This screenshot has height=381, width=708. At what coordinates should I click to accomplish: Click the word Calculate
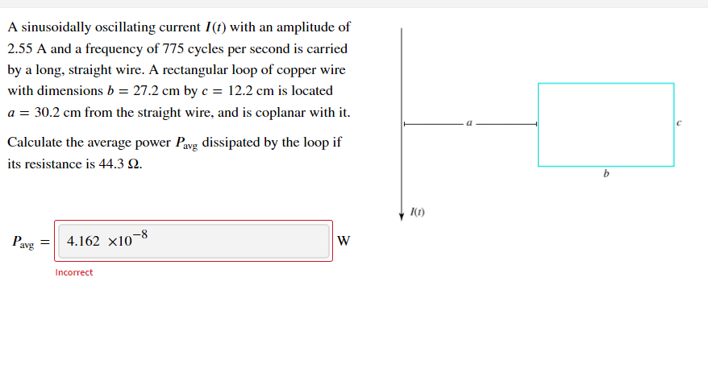click(x=34, y=143)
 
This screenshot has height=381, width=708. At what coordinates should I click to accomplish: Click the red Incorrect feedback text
click(x=74, y=272)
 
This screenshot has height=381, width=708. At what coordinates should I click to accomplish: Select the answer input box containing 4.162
click(x=194, y=241)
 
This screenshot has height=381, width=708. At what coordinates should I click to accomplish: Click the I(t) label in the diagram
click(x=417, y=213)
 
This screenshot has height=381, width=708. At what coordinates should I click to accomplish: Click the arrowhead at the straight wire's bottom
click(x=402, y=215)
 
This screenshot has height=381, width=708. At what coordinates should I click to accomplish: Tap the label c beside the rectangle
click(x=680, y=124)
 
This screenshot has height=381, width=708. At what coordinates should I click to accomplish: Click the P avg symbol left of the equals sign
click(x=23, y=242)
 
